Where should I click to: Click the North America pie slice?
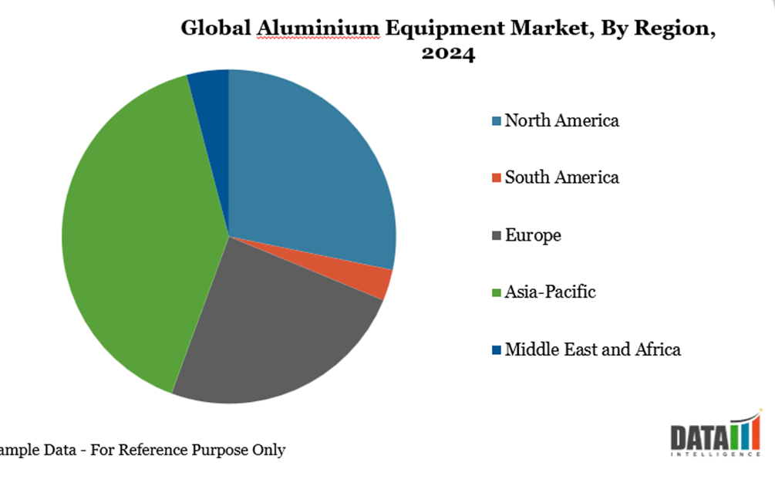308,170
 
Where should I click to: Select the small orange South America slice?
377,283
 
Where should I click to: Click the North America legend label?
561,121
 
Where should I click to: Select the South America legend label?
561,178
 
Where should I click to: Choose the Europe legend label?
533,235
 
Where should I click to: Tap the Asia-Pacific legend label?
550,292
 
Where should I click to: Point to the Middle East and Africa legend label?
592,349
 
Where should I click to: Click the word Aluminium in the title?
318,29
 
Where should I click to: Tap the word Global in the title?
216,29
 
